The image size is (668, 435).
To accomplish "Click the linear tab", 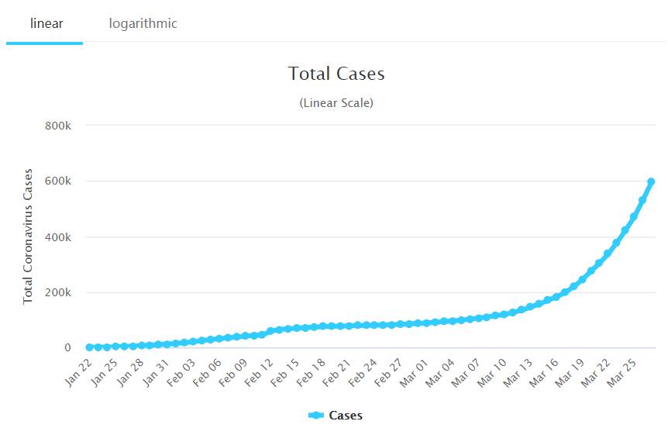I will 46,23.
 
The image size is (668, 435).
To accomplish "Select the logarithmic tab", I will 143,23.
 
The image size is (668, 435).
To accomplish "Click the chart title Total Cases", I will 336,74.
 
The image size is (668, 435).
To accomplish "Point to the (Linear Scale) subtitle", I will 336,102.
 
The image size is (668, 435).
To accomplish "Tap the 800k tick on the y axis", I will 57,125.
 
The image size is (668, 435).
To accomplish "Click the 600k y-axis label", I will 57,181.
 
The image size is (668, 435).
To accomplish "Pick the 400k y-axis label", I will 57,236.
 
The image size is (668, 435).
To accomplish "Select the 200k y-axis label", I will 57,292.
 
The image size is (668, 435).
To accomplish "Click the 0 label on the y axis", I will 67,348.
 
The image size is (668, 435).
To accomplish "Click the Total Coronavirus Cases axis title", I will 29,236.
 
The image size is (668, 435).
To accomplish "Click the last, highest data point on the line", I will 651,181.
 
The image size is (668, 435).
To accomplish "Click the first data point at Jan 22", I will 89,347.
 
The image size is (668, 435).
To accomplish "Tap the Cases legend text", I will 346,416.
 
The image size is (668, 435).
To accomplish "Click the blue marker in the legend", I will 315,416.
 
